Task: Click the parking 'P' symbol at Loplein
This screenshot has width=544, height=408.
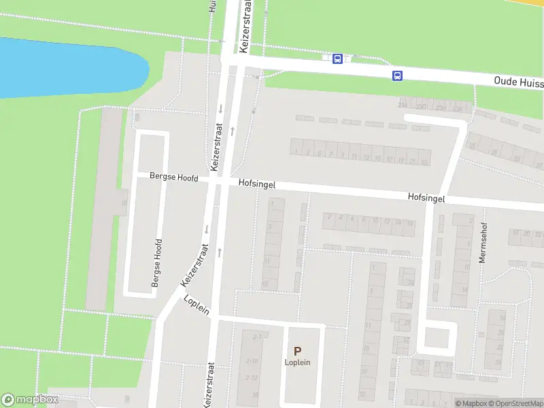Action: tap(297, 351)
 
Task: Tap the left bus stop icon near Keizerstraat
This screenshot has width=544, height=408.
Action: tap(337, 58)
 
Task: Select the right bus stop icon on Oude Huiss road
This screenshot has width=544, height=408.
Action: tap(397, 75)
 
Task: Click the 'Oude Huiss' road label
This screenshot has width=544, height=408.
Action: tap(518, 82)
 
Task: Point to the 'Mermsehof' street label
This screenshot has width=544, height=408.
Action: tap(483, 244)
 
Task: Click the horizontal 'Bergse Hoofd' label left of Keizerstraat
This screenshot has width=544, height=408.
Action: tap(174, 177)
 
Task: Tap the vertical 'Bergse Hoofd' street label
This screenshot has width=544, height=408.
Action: tap(157, 262)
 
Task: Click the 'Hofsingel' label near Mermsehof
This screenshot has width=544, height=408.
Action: tap(426, 197)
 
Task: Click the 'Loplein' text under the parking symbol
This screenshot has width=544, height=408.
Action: tap(297, 362)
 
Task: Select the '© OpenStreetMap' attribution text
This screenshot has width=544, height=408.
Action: tap(519, 403)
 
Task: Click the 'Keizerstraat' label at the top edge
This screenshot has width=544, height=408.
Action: tap(244, 27)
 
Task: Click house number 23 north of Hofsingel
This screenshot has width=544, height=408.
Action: tap(424, 163)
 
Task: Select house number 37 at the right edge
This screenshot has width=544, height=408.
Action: tap(539, 166)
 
